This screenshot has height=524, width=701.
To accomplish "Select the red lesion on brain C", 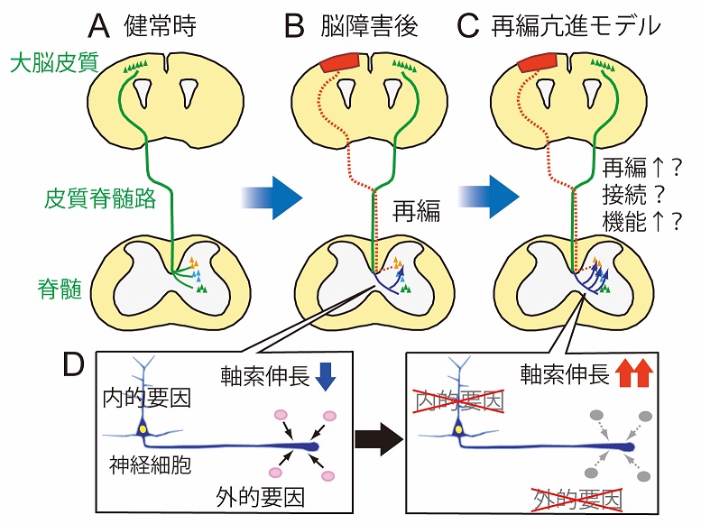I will click(538, 64).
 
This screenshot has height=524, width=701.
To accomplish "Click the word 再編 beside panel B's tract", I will click(417, 215).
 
